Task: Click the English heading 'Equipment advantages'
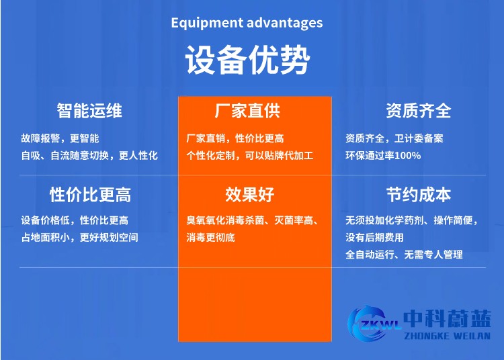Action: tap(247, 23)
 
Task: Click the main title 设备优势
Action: tap(247, 61)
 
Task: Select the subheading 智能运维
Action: tap(89, 110)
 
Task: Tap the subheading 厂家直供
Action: tap(247, 110)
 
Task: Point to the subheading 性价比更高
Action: tap(90, 195)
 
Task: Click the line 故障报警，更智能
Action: tap(60, 138)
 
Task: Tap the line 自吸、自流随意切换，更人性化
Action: tap(89, 155)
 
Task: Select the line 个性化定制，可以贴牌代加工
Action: tap(250, 155)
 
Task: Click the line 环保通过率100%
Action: tap(383, 155)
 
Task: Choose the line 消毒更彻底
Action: tap(210, 237)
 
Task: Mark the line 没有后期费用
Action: tap(374, 237)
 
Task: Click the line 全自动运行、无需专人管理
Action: tap(404, 255)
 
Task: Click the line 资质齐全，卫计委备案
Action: tap(394, 138)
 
